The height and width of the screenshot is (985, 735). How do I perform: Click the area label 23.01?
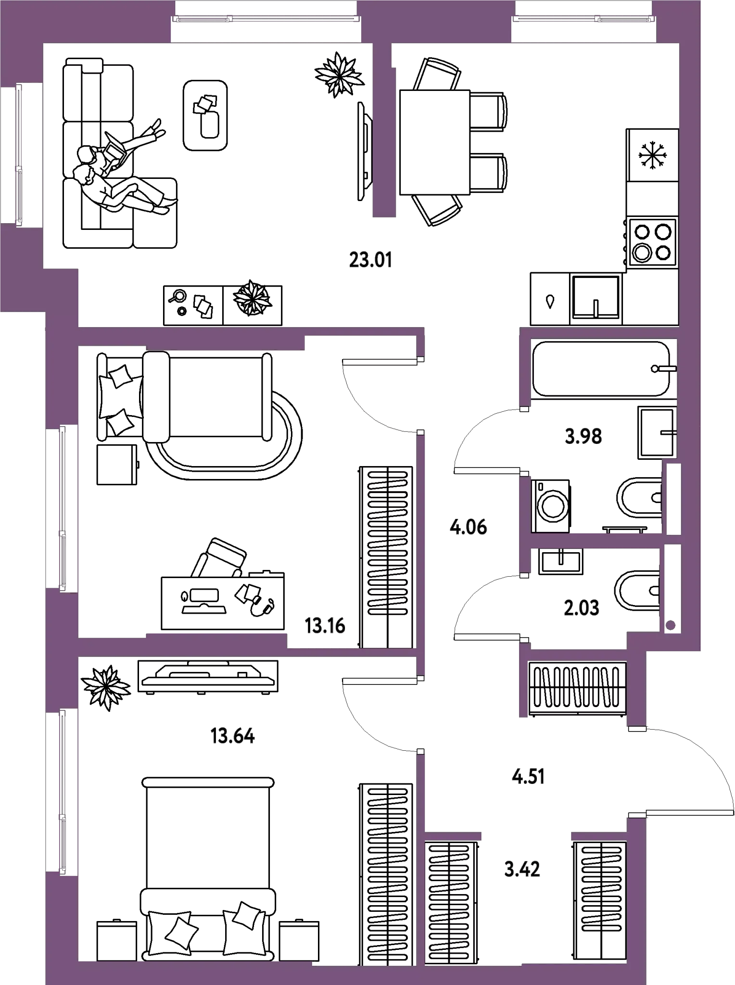[370, 260]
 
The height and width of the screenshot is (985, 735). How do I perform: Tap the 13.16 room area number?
[325, 626]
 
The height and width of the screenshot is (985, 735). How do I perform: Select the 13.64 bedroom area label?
[233, 736]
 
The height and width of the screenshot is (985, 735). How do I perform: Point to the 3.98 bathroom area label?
[583, 437]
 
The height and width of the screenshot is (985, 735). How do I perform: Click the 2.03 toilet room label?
[582, 608]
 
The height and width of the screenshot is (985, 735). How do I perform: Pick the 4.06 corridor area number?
[468, 528]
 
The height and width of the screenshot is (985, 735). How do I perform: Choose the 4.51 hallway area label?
[528, 777]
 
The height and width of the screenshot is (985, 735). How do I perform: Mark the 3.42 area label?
[522, 870]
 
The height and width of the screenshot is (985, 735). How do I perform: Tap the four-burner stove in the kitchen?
[652, 242]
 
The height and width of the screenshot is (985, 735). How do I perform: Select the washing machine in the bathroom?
[551, 506]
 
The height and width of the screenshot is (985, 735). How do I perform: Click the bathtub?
[604, 369]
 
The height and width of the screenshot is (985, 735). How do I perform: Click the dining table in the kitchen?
[435, 142]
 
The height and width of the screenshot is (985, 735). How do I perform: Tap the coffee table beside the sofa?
[205, 115]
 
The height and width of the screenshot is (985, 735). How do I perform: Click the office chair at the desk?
[220, 558]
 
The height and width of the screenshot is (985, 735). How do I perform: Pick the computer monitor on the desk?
[204, 597]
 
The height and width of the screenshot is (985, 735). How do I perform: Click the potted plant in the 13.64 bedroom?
[105, 688]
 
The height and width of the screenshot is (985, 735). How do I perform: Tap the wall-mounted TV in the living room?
[364, 152]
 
